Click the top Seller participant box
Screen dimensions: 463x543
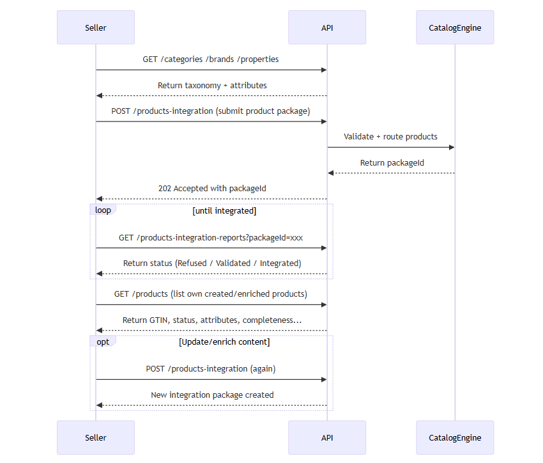96,27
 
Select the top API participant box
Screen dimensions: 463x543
326,27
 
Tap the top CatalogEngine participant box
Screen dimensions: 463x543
455,27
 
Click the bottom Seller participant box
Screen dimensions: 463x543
96,437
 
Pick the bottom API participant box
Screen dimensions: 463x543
326,437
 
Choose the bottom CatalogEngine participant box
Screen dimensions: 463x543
455,437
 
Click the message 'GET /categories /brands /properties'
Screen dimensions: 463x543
211,59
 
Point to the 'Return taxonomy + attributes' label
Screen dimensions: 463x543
212,85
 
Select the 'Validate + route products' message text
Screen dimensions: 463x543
390,137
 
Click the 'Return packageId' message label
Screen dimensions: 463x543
392,162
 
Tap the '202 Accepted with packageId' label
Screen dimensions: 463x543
212,189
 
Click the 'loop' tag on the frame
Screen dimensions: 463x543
103,210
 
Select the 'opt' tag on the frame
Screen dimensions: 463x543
103,341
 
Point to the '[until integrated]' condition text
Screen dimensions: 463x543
224,210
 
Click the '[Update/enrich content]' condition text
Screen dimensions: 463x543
224,342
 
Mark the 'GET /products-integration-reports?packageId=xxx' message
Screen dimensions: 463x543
211,237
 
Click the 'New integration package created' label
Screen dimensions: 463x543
212,395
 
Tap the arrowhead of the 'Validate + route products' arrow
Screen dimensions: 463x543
451,148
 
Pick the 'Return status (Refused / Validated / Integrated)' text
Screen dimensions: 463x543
212,263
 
